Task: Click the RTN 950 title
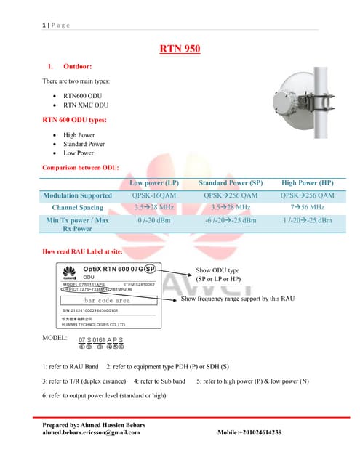click(x=180, y=49)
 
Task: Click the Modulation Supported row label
click(x=78, y=195)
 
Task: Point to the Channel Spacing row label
click(x=78, y=207)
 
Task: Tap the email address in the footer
click(x=92, y=432)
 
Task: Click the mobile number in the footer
click(x=249, y=432)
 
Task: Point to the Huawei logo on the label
click(x=70, y=275)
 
